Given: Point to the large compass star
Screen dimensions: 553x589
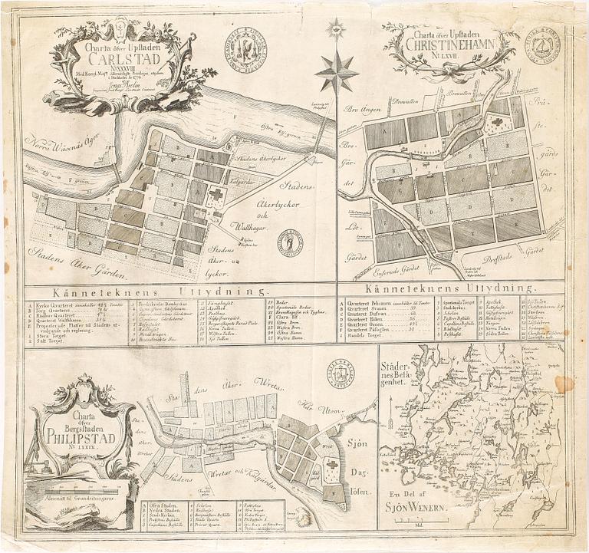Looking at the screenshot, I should coord(336,74).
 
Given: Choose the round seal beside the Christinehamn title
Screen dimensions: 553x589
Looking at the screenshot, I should coord(542,46).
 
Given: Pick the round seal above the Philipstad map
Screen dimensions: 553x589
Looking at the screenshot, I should coord(340,373).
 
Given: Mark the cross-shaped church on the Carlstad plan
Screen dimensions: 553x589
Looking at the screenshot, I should coord(216,195).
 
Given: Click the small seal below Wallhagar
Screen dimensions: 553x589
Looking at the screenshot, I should coord(291,244).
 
